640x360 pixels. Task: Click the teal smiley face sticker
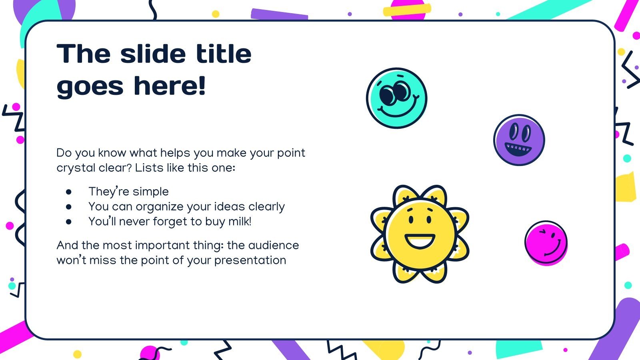pyautogui.click(x=396, y=98)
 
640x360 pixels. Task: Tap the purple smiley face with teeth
pyautogui.click(x=519, y=140)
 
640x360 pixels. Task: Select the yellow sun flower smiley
pyautogui.click(x=420, y=234)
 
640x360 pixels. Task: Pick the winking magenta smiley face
pyautogui.click(x=546, y=243)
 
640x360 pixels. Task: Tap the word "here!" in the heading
pyautogui.click(x=170, y=86)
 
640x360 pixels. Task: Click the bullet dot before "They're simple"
pyautogui.click(x=68, y=192)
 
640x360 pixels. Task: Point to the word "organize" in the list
pyautogui.click(x=160, y=207)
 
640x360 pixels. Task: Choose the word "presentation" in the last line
pyautogui.click(x=250, y=260)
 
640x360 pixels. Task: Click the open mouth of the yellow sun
pyautogui.click(x=420, y=240)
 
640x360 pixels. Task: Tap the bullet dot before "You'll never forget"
pyautogui.click(x=68, y=222)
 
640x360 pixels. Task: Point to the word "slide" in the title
pyautogui.click(x=153, y=54)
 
